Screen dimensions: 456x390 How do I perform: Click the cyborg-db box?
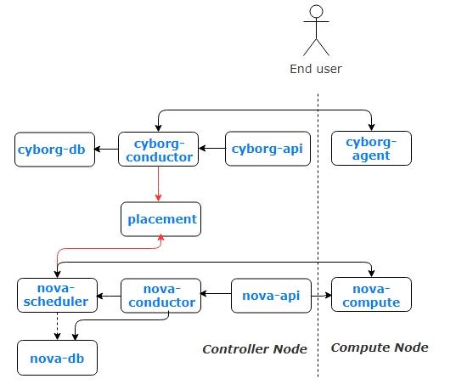click(54, 150)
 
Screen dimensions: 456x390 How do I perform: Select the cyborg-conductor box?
click(159, 150)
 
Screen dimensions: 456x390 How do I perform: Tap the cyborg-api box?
click(267, 149)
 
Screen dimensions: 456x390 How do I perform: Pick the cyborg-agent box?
click(371, 149)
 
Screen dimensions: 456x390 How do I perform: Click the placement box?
click(160, 219)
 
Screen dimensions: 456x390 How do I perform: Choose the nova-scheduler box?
click(57, 295)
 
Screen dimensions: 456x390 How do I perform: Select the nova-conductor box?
click(160, 296)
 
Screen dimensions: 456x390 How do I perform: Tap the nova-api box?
click(272, 296)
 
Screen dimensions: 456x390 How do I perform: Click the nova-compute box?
click(371, 295)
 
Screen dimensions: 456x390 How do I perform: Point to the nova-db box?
click(57, 358)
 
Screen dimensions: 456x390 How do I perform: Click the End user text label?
click(316, 70)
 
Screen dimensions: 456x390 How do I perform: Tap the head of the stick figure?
click(316, 11)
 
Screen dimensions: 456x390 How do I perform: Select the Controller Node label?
click(255, 349)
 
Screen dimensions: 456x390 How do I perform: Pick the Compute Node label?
click(380, 348)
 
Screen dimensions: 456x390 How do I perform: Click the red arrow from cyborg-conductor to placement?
click(159, 184)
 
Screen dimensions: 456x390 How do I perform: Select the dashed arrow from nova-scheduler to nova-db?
click(57, 326)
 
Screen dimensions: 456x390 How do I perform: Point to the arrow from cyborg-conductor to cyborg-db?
click(106, 150)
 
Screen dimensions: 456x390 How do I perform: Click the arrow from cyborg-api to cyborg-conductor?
click(212, 149)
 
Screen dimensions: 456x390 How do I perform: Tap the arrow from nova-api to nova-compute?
click(321, 296)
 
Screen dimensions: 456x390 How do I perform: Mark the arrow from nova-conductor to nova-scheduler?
click(109, 297)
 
